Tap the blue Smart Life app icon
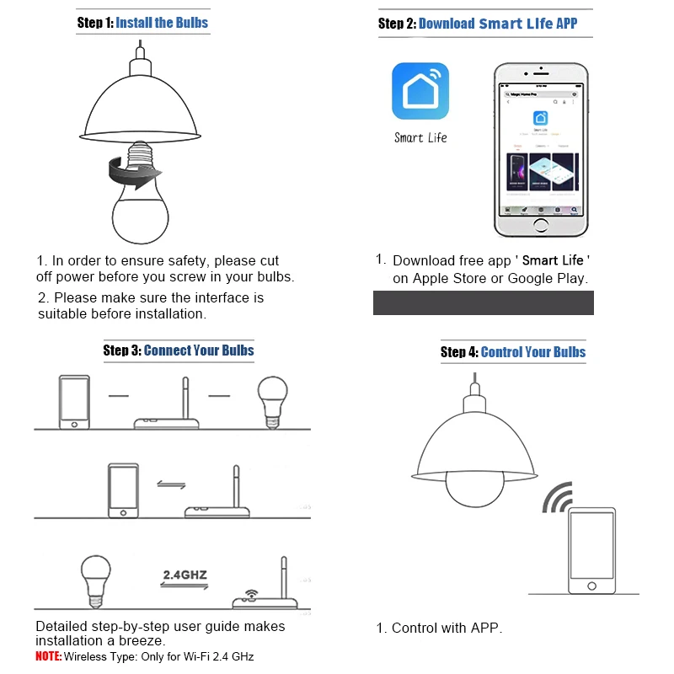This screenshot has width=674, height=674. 420,91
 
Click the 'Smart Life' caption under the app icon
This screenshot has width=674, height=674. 420,137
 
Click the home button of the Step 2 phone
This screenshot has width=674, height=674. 540,225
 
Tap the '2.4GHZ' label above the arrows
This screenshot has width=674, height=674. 184,575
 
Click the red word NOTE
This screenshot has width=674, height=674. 48,656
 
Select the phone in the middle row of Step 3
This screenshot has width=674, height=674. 123,489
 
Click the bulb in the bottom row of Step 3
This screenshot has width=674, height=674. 95,578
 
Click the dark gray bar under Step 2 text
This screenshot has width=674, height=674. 483,302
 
